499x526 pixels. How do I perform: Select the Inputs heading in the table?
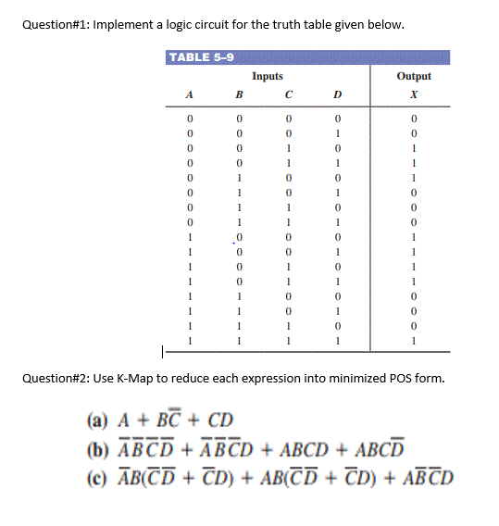pyautogui.click(x=268, y=77)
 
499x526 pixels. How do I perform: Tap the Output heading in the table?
pyautogui.click(x=414, y=77)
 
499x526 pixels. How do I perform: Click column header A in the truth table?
pyautogui.click(x=190, y=94)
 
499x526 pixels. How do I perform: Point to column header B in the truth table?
pyautogui.click(x=238, y=94)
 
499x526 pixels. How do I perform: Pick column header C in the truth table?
pyautogui.click(x=289, y=94)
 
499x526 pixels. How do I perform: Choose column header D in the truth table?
pyautogui.click(x=338, y=94)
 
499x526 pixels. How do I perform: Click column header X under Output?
pyautogui.click(x=414, y=94)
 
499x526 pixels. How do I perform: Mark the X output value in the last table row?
pyautogui.click(x=414, y=341)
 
